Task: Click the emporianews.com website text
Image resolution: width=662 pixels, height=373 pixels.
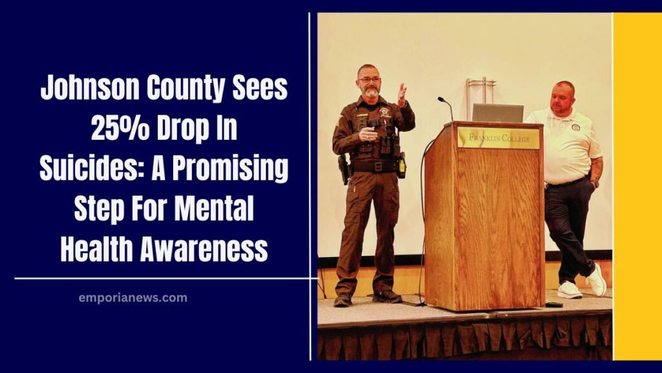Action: coord(133,298)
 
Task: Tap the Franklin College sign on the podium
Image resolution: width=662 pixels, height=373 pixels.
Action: coord(498,138)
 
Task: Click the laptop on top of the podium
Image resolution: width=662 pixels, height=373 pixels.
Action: coord(497,113)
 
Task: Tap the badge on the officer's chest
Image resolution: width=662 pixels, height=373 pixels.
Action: coord(385,112)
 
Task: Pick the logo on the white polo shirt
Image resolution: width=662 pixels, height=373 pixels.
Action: coord(575,127)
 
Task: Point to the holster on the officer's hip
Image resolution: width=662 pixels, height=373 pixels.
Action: coord(343,170)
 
